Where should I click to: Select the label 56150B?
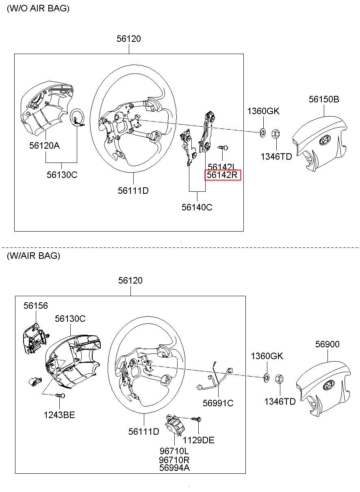[323, 99]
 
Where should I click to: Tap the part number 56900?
[327, 345]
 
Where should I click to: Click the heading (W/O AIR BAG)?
[38, 9]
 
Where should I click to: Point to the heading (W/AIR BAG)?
[33, 256]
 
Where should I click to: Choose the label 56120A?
[44, 145]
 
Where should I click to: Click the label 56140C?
[197, 207]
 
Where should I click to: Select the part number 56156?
[35, 306]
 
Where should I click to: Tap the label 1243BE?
[59, 415]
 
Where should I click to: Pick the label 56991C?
[218, 403]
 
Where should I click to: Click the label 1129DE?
[198, 440]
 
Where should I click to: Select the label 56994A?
[174, 468]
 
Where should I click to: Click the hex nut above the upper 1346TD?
[274, 133]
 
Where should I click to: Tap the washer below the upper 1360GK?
[262, 132]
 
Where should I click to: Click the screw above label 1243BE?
[60, 395]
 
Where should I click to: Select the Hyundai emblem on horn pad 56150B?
[325, 141]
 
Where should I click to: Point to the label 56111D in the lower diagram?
[144, 431]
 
